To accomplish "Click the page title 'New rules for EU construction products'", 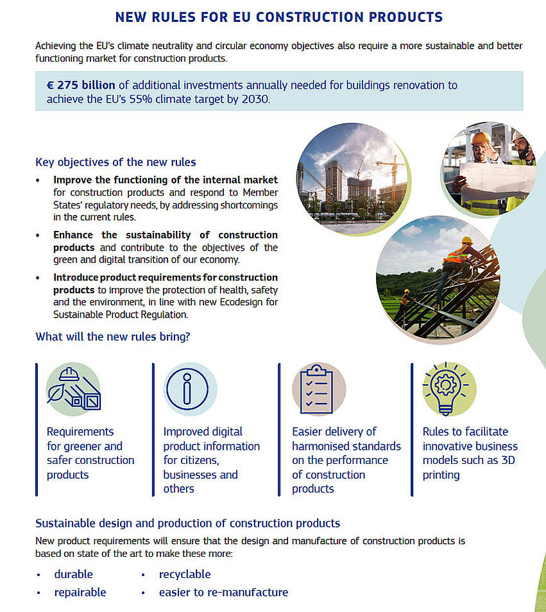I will [278, 17].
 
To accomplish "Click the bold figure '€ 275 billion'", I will [81, 85].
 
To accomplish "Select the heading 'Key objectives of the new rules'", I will [115, 162].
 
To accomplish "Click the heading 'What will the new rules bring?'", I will [112, 336].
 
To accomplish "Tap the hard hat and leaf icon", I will [73, 389].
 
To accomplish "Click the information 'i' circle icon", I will [187, 389].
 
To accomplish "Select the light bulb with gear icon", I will [448, 389].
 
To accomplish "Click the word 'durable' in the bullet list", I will [73, 574].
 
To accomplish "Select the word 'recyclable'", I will [185, 574].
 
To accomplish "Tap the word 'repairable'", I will [80, 592].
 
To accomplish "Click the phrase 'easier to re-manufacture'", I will [223, 592].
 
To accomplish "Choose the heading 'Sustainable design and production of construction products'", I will [187, 523].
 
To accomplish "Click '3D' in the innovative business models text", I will [507, 460].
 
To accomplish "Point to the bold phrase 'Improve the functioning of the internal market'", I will [166, 180].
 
